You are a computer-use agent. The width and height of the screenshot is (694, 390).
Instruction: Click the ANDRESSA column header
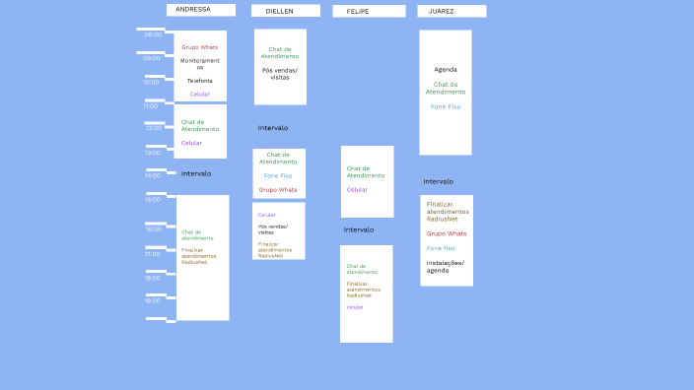click(201, 10)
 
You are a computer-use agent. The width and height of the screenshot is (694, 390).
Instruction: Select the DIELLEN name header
click(285, 11)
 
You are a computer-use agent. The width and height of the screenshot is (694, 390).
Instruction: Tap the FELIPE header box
click(369, 12)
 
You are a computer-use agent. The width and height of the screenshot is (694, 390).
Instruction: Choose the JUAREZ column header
click(451, 12)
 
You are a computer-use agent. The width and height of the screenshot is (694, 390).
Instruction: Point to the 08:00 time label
click(153, 34)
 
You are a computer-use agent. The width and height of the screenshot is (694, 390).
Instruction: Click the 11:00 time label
click(151, 105)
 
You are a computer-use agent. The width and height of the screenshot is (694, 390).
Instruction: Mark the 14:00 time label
click(153, 175)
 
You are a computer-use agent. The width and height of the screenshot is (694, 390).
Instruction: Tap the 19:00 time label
click(153, 300)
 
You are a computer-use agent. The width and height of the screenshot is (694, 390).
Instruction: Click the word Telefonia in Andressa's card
click(200, 81)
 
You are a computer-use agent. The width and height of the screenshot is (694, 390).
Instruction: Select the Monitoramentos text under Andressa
click(200, 63)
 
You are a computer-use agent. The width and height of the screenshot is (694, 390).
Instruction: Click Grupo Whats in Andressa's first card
click(200, 47)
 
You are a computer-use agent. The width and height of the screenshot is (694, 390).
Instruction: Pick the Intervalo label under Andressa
click(196, 173)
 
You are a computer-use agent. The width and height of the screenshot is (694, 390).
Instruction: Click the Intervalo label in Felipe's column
click(359, 229)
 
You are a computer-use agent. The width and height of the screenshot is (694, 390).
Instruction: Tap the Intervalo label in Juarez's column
click(439, 181)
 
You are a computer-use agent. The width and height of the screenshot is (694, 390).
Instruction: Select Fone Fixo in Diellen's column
click(278, 175)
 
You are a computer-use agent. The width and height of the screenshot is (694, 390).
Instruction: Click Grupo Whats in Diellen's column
click(278, 190)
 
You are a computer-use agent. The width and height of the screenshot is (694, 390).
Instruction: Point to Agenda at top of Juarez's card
click(446, 70)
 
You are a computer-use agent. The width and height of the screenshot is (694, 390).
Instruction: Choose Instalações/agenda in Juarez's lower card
click(446, 266)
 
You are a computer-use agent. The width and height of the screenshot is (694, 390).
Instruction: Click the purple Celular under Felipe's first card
click(357, 190)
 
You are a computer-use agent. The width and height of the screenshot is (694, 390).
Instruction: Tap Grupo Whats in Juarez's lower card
click(447, 233)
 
